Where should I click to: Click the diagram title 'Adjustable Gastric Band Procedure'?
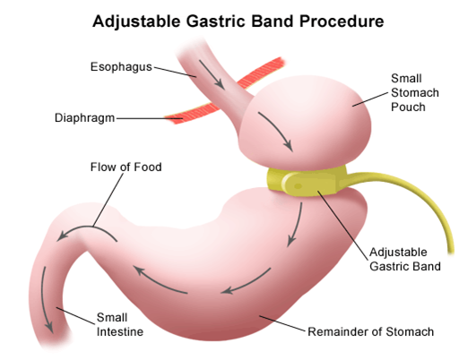point(238,21)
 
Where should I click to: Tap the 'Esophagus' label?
point(121,67)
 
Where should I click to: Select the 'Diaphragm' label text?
point(84,118)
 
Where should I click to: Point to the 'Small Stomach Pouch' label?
point(415,92)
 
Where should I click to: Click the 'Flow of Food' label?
point(126,167)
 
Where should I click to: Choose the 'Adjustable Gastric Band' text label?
point(405,260)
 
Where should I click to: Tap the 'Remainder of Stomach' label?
point(370,332)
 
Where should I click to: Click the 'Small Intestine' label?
point(120,324)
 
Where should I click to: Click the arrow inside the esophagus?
point(212,74)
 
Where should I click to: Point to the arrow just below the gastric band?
point(296,225)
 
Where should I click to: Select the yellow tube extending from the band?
point(422,197)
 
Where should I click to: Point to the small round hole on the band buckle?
point(298,186)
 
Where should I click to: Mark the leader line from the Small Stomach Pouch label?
point(370,99)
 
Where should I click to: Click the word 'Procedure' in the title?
point(342,21)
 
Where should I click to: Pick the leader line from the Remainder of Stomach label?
point(282,323)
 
